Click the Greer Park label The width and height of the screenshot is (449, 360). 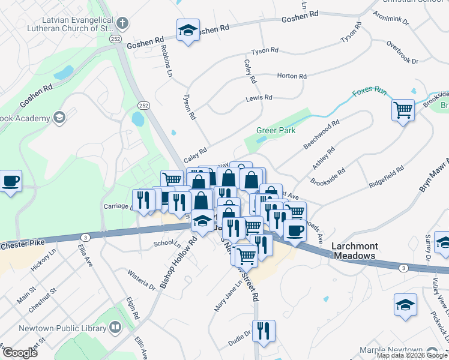click(x=276, y=130)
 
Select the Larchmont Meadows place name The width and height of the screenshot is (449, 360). click(x=354, y=251)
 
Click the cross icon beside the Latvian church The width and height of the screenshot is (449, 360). click(x=122, y=24)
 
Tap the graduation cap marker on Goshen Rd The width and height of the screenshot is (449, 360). click(x=188, y=31)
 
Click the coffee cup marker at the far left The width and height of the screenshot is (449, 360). click(x=10, y=181)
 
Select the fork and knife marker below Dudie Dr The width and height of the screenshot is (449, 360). click(x=264, y=331)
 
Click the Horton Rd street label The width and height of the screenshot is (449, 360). click(x=292, y=76)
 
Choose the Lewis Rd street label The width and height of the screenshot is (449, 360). click(x=259, y=97)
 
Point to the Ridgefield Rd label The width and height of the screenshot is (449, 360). click(x=388, y=178)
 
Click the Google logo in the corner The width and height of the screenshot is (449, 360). click(x=20, y=353)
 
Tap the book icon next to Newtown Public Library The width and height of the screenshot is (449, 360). click(x=115, y=328)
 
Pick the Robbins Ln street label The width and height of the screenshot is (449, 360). click(x=167, y=62)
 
